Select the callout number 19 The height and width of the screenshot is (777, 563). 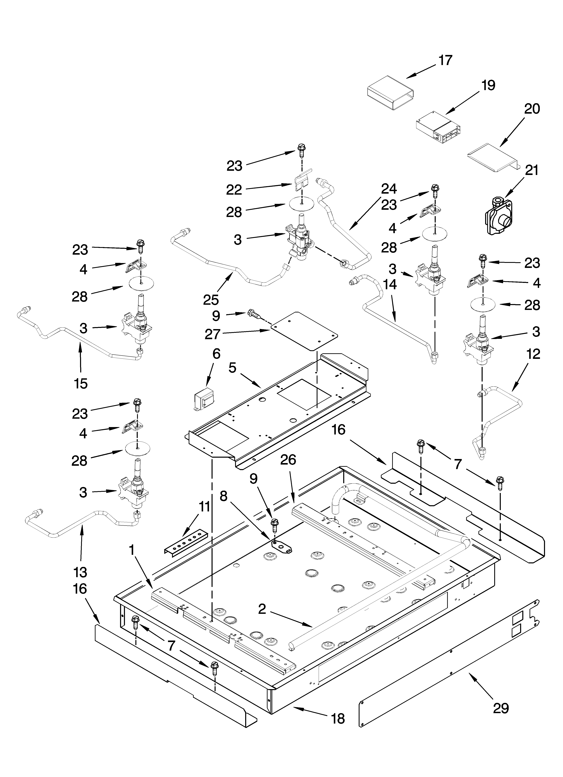point(488,85)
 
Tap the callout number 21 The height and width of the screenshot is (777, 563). point(532,170)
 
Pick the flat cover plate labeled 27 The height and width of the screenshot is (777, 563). point(304,331)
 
